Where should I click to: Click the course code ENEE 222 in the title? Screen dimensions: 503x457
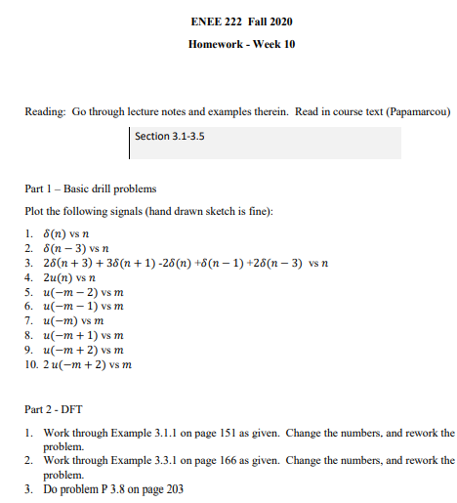(210, 21)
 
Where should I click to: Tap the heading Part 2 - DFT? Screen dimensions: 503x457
(55, 409)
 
